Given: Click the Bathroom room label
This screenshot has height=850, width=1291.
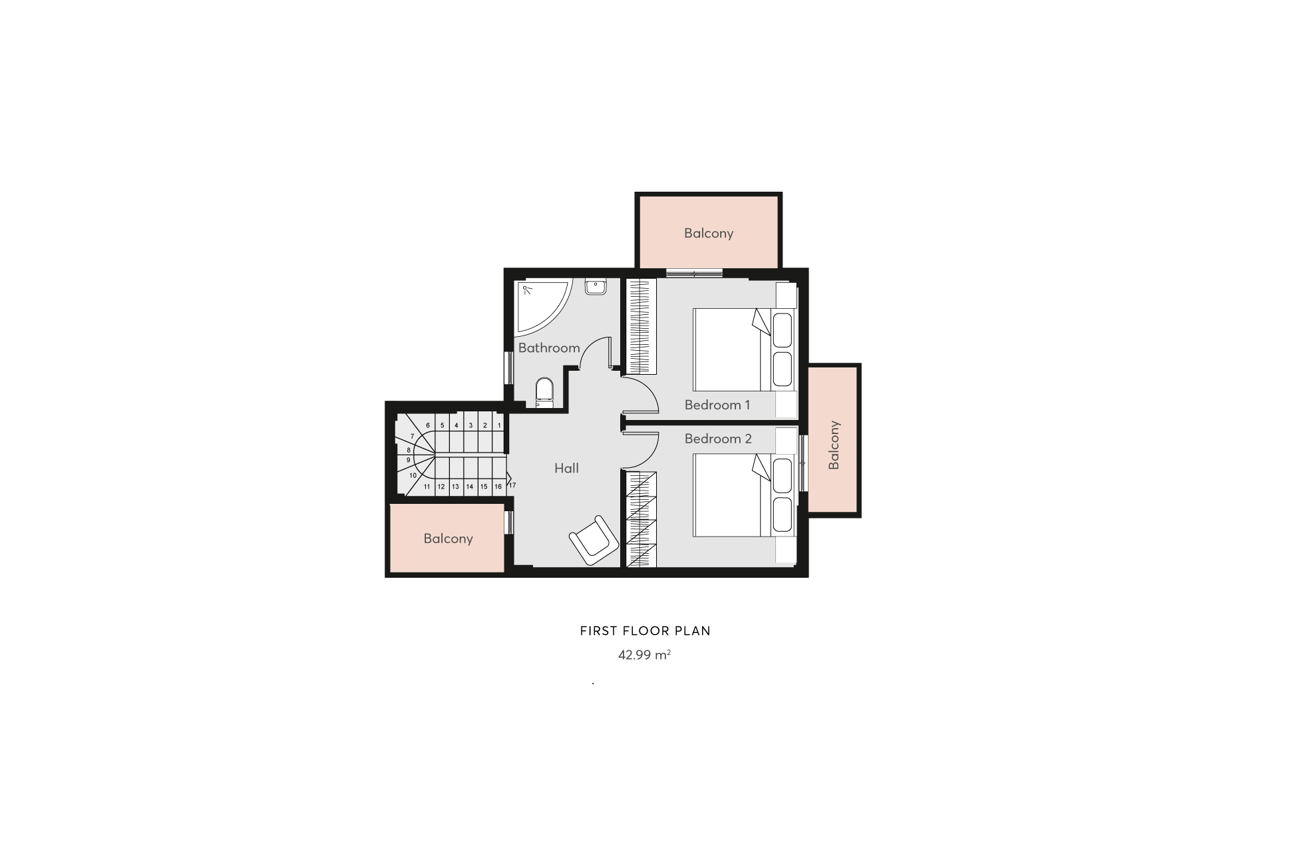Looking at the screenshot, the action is (549, 347).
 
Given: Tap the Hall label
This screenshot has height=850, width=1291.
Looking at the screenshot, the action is (566, 468).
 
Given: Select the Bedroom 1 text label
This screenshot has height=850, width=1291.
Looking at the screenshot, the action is (717, 405).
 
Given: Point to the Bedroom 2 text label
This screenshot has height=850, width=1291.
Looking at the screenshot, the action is (718, 439).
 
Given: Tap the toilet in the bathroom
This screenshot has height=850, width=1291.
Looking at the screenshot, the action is (544, 393).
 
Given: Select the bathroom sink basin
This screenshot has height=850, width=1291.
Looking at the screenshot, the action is (595, 287).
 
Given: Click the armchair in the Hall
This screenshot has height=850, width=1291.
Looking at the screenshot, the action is (594, 540).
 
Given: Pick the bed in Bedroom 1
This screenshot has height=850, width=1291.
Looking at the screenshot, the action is (744, 349).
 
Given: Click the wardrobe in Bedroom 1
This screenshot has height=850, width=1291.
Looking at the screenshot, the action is (642, 326).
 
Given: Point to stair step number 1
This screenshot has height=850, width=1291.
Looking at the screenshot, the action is (499, 425).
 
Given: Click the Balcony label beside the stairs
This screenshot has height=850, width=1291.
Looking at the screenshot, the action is (448, 538).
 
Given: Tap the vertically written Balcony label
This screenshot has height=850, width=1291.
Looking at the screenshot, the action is (834, 445).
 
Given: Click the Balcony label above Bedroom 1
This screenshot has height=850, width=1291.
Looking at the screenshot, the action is (709, 233).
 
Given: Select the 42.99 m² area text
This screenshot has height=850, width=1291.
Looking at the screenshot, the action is (644, 655).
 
